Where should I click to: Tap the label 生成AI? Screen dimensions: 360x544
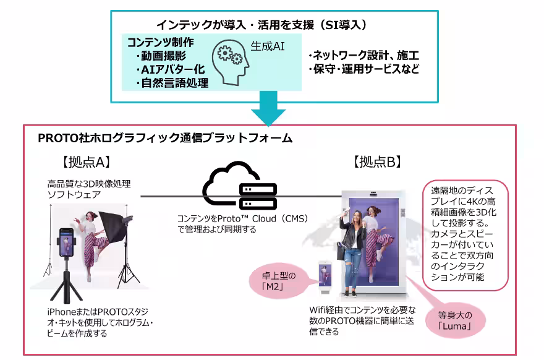(x=267, y=46)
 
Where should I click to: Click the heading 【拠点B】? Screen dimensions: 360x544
(x=377, y=162)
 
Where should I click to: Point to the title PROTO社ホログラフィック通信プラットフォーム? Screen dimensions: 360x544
(x=164, y=138)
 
